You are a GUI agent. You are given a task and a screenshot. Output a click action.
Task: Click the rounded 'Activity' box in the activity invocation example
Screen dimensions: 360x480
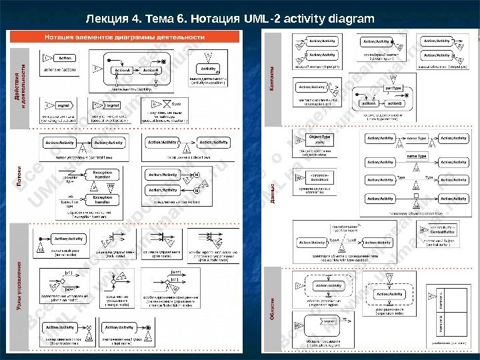[209, 69]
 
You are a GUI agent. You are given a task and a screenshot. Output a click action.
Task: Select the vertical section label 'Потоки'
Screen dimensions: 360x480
[20, 179]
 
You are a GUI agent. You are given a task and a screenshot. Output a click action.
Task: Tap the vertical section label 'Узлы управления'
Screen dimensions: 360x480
[20, 287]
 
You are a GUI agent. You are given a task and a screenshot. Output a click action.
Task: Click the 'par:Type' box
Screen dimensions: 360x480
[394, 89]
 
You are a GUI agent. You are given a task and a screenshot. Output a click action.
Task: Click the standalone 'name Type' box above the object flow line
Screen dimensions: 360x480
[417, 156]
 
